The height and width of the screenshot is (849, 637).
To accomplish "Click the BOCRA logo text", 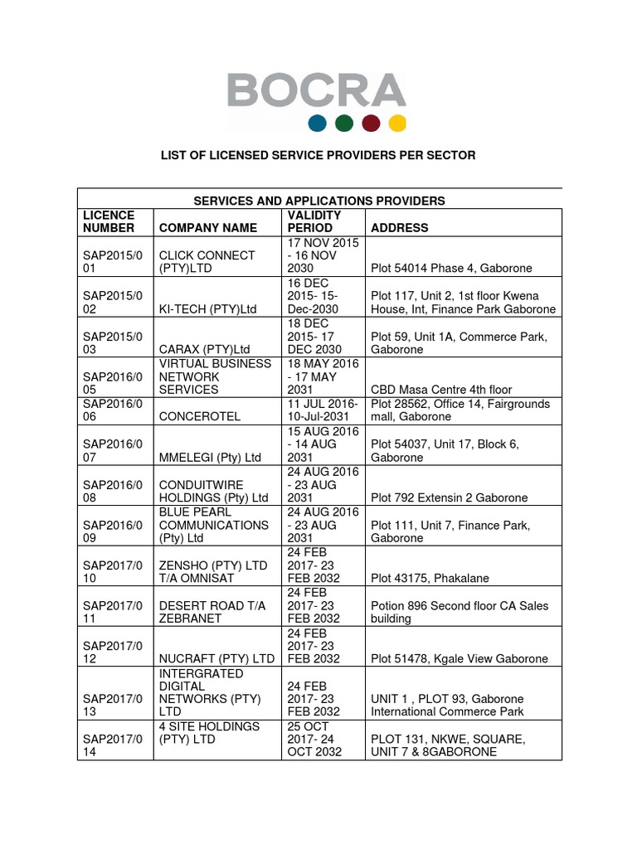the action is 318,90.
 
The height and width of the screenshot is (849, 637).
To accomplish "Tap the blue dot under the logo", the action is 317,124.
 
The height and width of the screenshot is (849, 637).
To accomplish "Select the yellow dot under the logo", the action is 397,124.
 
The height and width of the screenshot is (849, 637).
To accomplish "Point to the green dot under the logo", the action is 344,124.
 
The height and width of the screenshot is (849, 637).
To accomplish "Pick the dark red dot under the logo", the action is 371,124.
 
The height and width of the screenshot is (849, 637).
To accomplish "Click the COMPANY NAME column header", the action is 207,227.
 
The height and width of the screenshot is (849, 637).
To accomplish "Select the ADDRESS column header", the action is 400,227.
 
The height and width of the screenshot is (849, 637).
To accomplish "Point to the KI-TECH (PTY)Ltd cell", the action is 207,308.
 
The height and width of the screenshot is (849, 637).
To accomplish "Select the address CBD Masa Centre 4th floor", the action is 441,390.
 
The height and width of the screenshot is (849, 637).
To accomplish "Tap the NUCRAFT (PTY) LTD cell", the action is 216,659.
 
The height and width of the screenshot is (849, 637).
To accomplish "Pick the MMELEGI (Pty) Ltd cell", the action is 210,457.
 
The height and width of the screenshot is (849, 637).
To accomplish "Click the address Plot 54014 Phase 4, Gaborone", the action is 451,268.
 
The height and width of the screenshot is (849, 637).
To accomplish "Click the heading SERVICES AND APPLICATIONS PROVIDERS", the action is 319,201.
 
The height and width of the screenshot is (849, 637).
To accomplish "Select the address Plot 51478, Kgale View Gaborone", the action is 459,659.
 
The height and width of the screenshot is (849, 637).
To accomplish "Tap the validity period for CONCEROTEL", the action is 320,410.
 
